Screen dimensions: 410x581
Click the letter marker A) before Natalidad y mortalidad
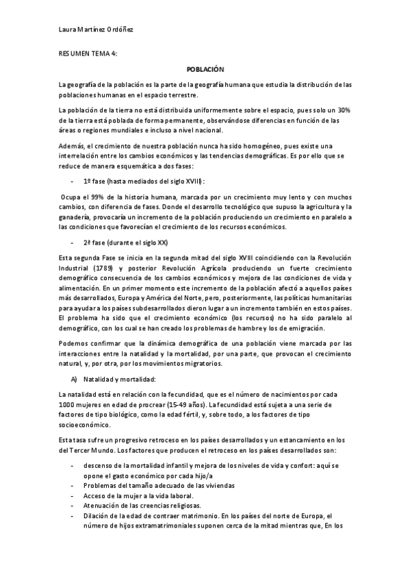(x=74, y=379)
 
